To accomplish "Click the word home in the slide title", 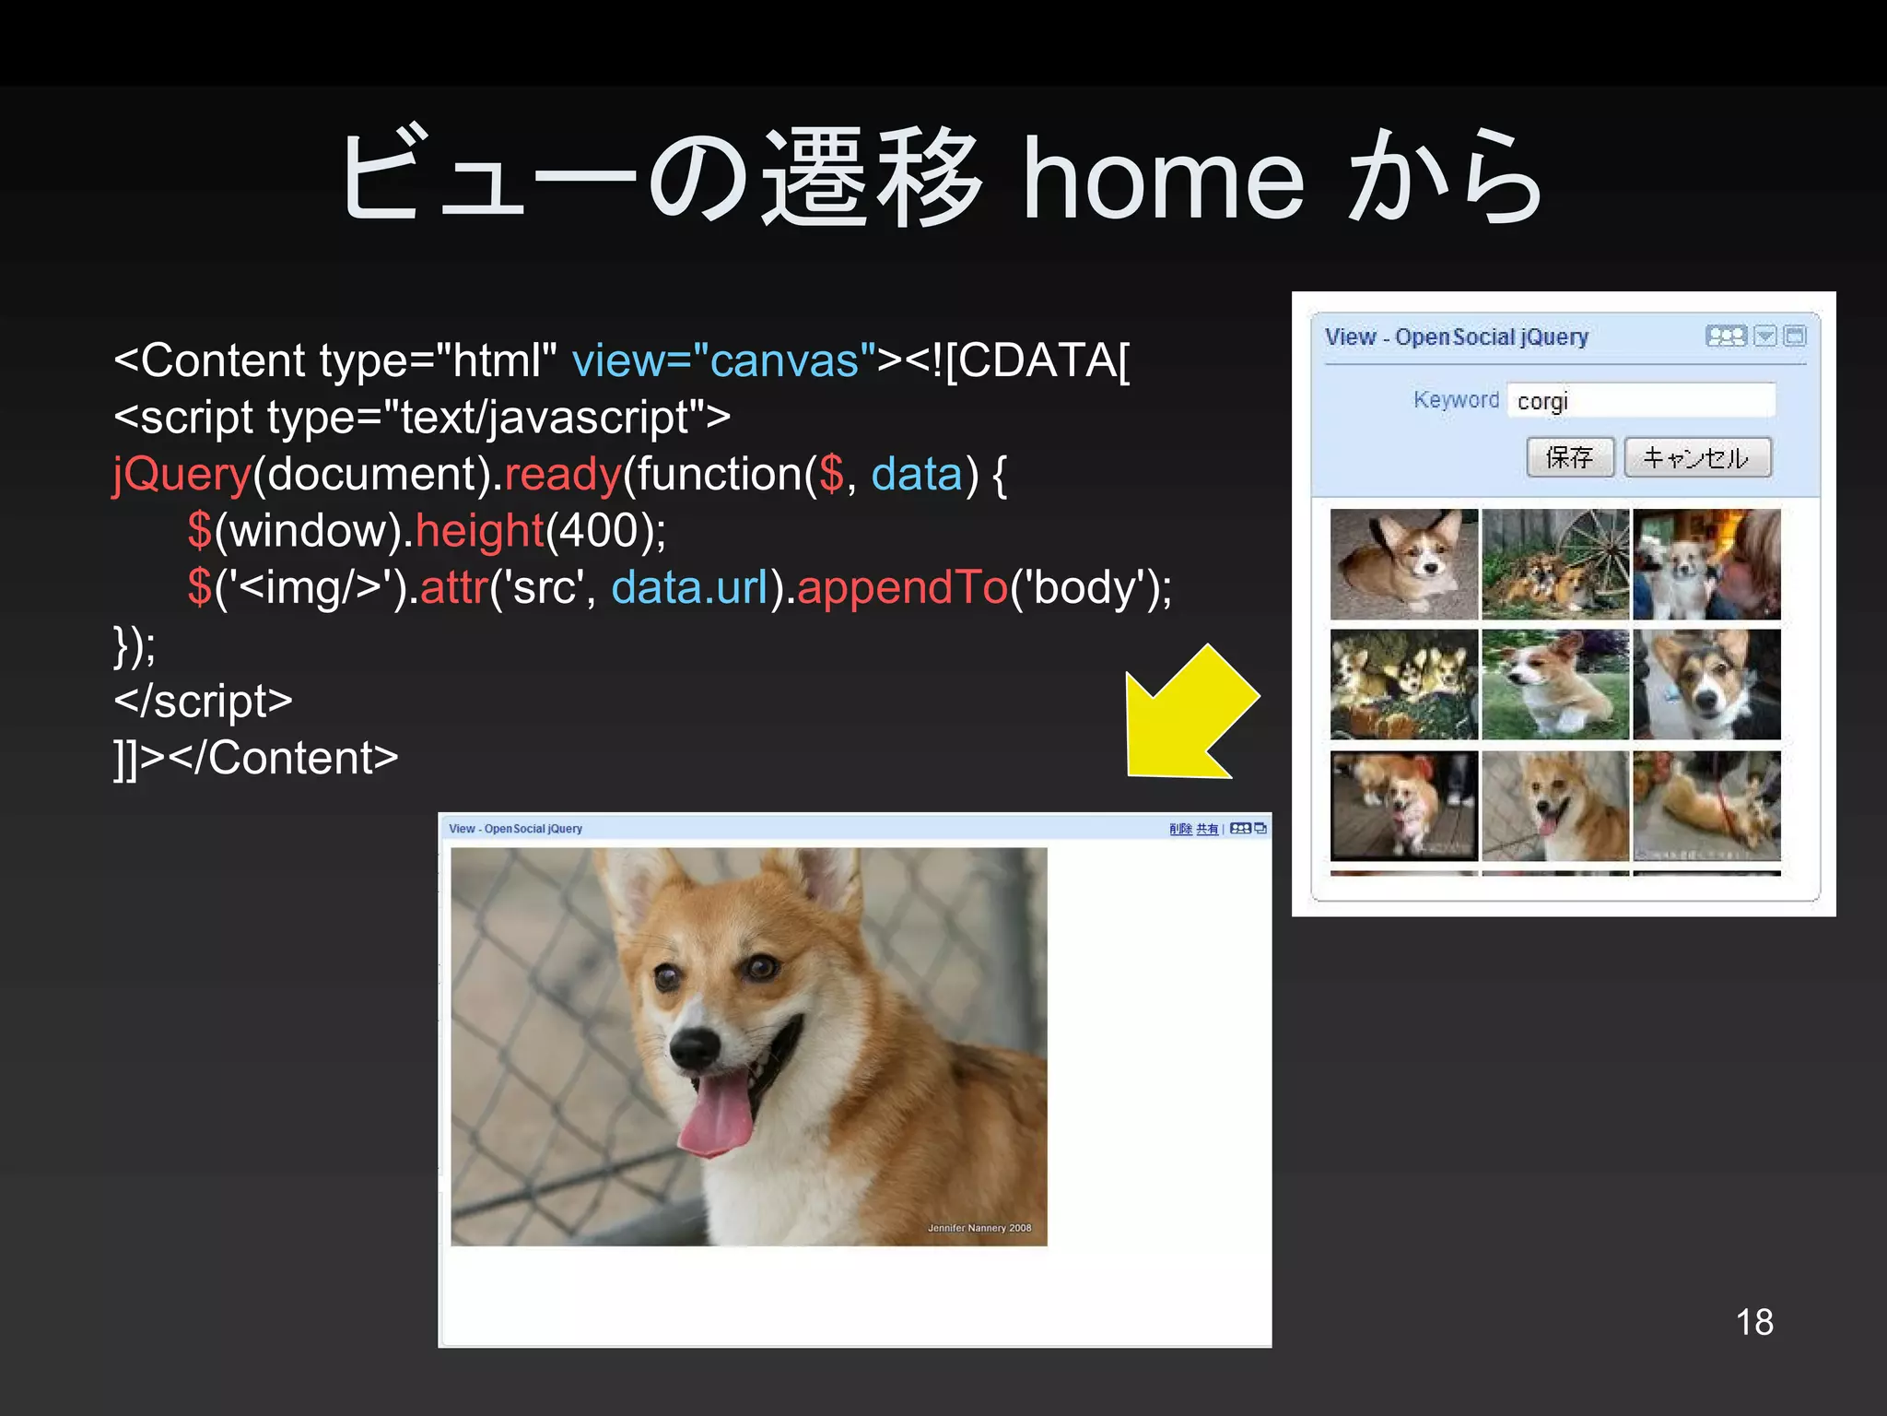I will [1164, 180].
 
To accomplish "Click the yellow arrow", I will [1189, 714].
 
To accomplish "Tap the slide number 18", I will [1753, 1321].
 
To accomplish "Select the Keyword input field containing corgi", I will [1641, 401].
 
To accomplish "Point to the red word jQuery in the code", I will [182, 475].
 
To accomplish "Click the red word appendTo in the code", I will [903, 587].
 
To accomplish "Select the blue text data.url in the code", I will [689, 587].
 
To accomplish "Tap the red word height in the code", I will [479, 531].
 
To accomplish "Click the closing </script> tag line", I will [203, 702].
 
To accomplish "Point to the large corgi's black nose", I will [694, 1044].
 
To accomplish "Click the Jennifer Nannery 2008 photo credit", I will [979, 1228].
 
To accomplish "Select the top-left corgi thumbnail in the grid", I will [1403, 564].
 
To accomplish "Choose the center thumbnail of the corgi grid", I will [1554, 684].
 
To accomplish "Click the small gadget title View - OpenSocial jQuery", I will [1456, 337].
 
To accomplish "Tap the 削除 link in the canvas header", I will [1179, 829].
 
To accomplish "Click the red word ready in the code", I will [562, 475].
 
